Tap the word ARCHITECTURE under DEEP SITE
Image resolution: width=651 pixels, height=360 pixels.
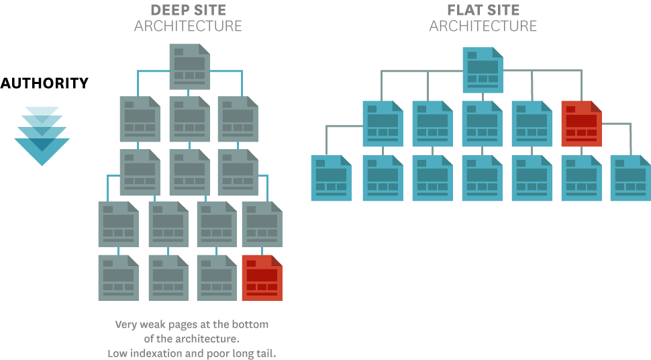tap(188, 27)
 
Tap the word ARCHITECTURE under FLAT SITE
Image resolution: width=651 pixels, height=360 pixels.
tap(483, 27)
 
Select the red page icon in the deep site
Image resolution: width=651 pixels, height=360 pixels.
tap(262, 277)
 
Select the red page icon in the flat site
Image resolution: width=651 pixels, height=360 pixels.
tap(581, 124)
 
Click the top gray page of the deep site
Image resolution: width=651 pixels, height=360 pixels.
tap(189, 66)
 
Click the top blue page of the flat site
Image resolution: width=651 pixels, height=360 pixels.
tap(483, 70)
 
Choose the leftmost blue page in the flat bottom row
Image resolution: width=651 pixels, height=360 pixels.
tap(331, 178)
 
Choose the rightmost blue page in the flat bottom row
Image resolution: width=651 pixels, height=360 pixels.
tap(630, 178)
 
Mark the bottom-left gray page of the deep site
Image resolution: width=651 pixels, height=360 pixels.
tap(118, 277)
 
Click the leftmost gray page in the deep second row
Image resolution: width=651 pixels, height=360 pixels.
tap(140, 119)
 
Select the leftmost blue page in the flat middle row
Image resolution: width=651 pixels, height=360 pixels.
tap(383, 124)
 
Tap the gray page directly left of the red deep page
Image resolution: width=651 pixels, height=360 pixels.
tap(216, 277)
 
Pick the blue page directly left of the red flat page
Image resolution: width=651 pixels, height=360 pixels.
tap(532, 124)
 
